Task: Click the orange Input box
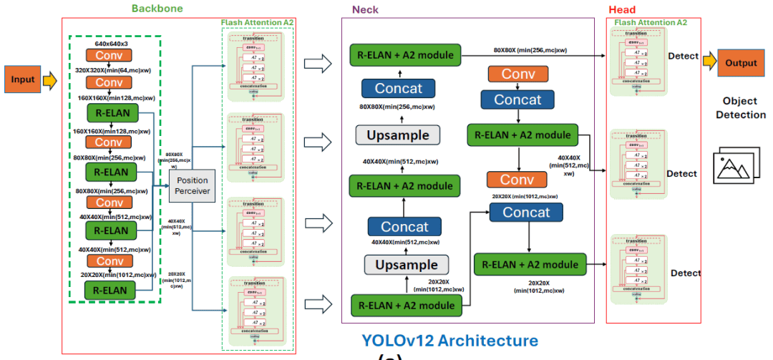[x=22, y=79]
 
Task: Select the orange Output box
[x=741, y=62]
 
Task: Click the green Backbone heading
[x=157, y=9]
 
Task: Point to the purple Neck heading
[x=365, y=10]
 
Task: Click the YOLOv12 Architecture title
[x=449, y=340]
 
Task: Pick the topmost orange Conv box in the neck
[x=518, y=74]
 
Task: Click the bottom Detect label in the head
[x=685, y=273]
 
